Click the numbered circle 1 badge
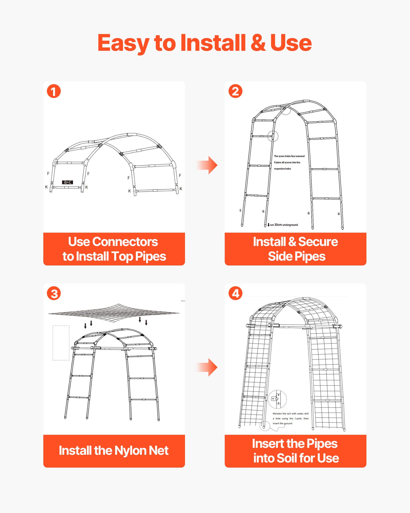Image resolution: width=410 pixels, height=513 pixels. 54,91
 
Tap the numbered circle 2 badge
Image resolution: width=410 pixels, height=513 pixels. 235,91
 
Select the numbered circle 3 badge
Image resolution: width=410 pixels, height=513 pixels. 54,293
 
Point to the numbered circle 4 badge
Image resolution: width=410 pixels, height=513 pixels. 235,293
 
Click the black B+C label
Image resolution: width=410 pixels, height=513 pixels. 68,182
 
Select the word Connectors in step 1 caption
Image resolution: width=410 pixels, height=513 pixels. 125,242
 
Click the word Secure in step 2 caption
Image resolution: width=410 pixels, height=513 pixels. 318,242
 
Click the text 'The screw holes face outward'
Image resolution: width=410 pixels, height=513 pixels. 289,156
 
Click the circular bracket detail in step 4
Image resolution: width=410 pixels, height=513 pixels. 277,399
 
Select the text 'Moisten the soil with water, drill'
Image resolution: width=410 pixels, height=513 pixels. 291,413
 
